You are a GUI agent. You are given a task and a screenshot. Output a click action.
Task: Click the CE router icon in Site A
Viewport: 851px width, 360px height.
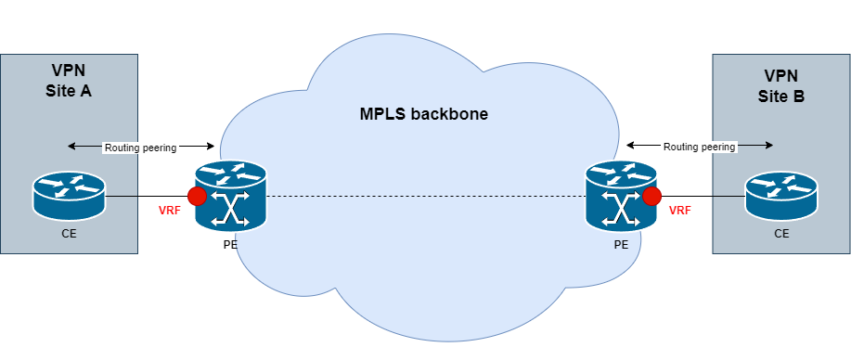click(69, 195)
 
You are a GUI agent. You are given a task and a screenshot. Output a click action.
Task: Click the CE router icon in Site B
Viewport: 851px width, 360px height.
click(781, 195)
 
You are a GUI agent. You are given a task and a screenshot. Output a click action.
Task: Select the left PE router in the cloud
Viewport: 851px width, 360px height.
click(230, 196)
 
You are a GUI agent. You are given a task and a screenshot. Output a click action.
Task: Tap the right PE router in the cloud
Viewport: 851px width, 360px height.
click(621, 196)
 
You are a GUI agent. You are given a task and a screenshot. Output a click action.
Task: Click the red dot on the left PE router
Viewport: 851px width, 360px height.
click(197, 197)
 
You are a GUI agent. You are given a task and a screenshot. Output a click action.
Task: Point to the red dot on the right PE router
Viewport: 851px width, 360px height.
click(652, 196)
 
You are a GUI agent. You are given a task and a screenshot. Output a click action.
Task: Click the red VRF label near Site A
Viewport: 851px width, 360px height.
click(170, 211)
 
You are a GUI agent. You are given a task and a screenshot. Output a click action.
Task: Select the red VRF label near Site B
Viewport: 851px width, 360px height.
click(680, 211)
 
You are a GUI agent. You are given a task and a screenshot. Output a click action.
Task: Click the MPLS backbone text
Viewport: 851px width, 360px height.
click(424, 115)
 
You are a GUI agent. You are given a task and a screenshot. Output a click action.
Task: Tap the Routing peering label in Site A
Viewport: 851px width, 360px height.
click(140, 147)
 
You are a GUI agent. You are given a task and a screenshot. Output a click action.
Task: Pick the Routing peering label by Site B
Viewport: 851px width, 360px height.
click(699, 147)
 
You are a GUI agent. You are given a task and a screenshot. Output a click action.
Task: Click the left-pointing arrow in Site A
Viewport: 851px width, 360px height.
click(84, 147)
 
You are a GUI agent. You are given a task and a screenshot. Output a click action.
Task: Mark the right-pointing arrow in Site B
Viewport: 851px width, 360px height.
click(755, 146)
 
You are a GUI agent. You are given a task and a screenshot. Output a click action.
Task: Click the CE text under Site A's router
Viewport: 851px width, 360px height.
click(69, 235)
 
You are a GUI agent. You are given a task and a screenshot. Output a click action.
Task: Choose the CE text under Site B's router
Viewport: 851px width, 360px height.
click(781, 235)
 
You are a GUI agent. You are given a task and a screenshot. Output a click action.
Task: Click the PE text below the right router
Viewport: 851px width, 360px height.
click(621, 248)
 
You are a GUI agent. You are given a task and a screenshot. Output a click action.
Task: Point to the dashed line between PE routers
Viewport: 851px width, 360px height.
click(425, 197)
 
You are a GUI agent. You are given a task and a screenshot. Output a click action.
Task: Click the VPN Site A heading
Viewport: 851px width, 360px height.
click(69, 82)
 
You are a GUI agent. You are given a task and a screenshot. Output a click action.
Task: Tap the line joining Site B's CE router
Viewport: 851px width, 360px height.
click(729, 196)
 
